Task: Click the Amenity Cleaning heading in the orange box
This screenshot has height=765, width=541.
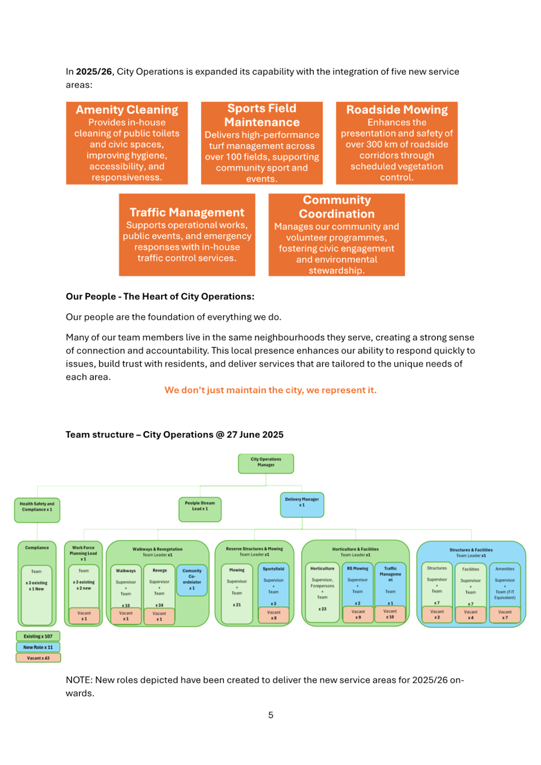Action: [127, 110]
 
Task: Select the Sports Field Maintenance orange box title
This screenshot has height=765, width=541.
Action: [262, 115]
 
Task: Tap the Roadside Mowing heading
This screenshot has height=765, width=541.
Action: [397, 110]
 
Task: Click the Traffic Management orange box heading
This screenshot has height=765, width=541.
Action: [187, 212]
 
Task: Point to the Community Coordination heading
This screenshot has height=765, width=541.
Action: [336, 207]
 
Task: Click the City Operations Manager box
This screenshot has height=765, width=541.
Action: [266, 463]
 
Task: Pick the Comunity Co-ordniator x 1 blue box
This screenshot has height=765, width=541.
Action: [192, 579]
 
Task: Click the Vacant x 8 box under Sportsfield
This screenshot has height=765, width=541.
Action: [273, 615]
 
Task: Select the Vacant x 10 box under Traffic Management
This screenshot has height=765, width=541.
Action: [390, 614]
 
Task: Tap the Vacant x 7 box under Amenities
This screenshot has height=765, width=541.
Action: [505, 615]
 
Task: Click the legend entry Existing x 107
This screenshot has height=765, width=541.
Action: [38, 636]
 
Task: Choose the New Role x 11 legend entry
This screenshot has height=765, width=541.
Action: [38, 647]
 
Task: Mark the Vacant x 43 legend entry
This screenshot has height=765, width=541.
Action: [38, 658]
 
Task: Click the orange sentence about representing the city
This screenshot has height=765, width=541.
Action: [270, 390]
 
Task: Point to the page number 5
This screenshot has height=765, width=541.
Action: [270, 715]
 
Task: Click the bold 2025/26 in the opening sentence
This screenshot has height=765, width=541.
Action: [94, 72]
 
